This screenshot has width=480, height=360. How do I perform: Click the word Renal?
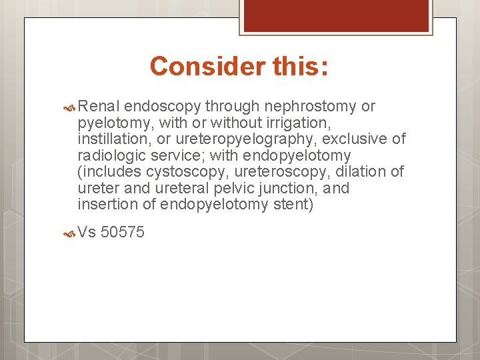click(x=99, y=107)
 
